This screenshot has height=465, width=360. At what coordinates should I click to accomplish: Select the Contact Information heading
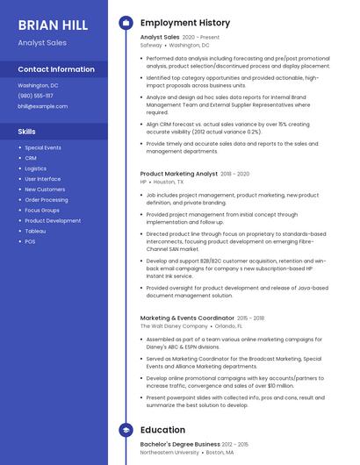tap(55, 69)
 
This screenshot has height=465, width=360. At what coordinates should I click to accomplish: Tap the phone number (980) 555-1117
tap(35, 96)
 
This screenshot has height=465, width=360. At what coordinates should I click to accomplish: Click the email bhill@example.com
tap(42, 105)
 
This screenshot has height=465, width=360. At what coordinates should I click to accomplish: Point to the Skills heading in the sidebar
tap(26, 132)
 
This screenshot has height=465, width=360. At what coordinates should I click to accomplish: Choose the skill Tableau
tap(35, 231)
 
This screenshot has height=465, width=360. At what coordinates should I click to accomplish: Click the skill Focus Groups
tap(42, 210)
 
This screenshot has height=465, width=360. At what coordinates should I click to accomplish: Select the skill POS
tap(30, 241)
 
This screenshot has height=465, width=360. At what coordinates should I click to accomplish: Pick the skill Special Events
tap(43, 147)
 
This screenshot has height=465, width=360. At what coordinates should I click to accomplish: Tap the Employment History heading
tap(184, 23)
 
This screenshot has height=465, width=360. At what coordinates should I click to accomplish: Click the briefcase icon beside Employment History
tap(126, 23)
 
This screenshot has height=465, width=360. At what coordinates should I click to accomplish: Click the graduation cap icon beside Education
tap(126, 430)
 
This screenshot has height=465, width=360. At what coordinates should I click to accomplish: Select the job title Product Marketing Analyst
tap(179, 174)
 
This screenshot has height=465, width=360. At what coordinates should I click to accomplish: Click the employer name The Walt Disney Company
tap(174, 326)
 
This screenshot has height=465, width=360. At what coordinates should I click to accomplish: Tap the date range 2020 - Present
tap(201, 38)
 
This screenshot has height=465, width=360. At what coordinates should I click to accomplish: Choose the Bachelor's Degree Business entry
tap(180, 444)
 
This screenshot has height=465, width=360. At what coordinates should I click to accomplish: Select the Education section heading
tap(162, 430)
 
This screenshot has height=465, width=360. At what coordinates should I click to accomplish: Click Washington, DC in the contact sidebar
tap(38, 86)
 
